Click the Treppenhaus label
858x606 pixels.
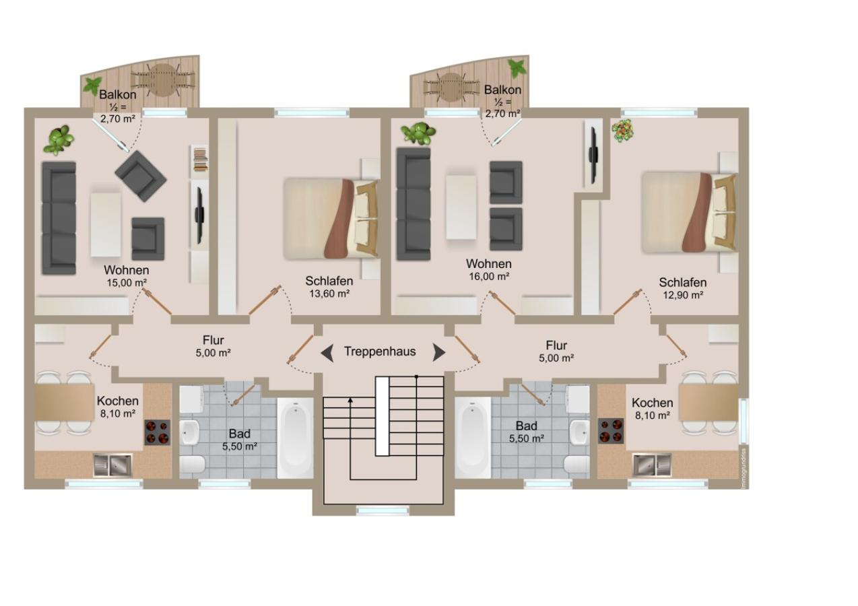click(x=380, y=351)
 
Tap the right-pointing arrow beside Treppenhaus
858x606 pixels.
click(x=439, y=352)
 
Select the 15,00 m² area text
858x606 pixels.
click(x=127, y=283)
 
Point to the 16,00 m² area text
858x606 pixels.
click(x=489, y=276)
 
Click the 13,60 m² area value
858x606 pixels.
click(x=329, y=294)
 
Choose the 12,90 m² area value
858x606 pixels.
click(x=683, y=296)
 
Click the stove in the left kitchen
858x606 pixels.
click(x=158, y=432)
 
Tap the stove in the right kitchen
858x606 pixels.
click(x=611, y=431)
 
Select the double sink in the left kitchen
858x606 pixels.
click(x=112, y=465)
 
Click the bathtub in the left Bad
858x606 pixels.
click(x=296, y=438)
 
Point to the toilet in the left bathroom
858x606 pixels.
click(x=193, y=465)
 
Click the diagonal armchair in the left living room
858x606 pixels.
click(x=141, y=176)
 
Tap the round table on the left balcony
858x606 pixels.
click(x=163, y=80)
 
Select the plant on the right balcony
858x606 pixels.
click(x=517, y=68)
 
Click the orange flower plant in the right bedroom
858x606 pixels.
click(x=622, y=131)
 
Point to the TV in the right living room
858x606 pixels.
click(x=593, y=155)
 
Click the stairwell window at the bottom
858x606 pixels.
click(x=383, y=510)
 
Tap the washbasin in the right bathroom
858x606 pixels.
click(x=579, y=432)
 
